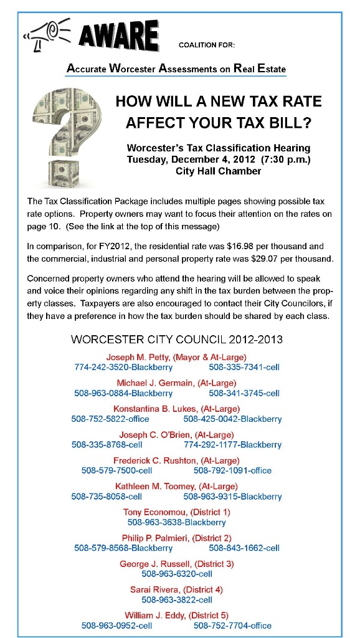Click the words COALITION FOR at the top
[x=207, y=45]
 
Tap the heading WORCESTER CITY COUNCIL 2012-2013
[x=177, y=340]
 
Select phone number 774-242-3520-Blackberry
[x=123, y=368]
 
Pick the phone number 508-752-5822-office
[x=110, y=419]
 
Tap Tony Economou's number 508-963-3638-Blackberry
[x=177, y=522]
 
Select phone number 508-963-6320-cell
[x=177, y=574]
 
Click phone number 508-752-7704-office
[x=232, y=625]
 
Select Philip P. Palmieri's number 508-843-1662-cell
[x=244, y=548]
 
